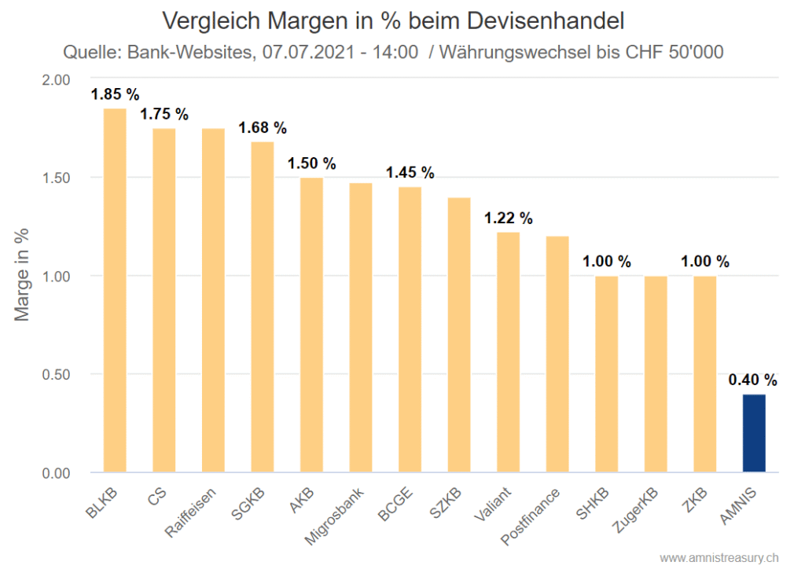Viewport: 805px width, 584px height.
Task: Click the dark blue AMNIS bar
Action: pyautogui.click(x=753, y=433)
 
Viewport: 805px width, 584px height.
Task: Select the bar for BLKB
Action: pyautogui.click(x=115, y=291)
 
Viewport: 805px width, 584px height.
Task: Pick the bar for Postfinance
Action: pyautogui.click(x=557, y=354)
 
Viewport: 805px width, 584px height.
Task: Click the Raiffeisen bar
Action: pyautogui.click(x=213, y=300)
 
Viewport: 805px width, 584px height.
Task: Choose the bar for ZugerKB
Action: pyautogui.click(x=655, y=374)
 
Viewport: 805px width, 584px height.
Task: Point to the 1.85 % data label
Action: pyautogui.click(x=115, y=95)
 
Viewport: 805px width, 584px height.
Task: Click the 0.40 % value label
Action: pyautogui.click(x=753, y=380)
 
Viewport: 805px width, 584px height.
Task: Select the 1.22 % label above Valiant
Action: pyautogui.click(x=508, y=219)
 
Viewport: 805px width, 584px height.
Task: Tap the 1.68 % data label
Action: pyautogui.click(x=263, y=127)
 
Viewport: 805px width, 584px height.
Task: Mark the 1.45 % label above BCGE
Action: pyautogui.click(x=410, y=173)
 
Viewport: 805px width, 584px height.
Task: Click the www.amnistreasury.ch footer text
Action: pyautogui.click(x=719, y=558)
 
